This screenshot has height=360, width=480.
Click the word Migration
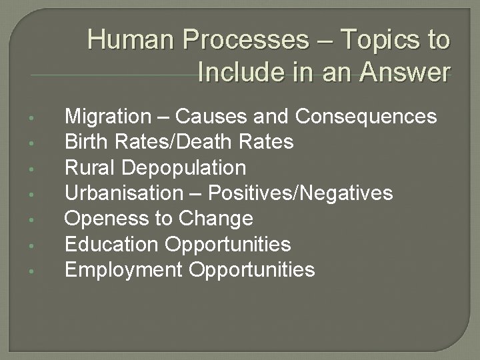tap(108, 117)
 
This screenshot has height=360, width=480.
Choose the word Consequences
tap(366, 117)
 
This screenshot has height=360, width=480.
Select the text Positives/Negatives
tap(301, 193)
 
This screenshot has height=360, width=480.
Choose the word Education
tap(112, 244)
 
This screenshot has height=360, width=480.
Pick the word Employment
tap(123, 269)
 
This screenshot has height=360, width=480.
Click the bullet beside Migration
tap(41, 119)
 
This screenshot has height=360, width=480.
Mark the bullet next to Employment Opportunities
tap(41, 271)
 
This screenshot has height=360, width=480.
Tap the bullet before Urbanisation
tap(41, 195)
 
